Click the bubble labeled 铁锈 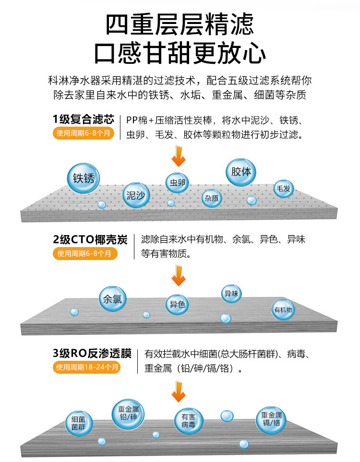click(x=84, y=179)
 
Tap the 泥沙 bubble click(x=137, y=195)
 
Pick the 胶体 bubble click(x=241, y=172)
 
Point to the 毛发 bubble click(x=283, y=189)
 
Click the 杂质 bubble click(x=212, y=198)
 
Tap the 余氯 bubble click(x=112, y=300)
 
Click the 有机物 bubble click(x=283, y=310)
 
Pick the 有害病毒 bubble click(x=188, y=421)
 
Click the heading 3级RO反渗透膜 click(x=92, y=354)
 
